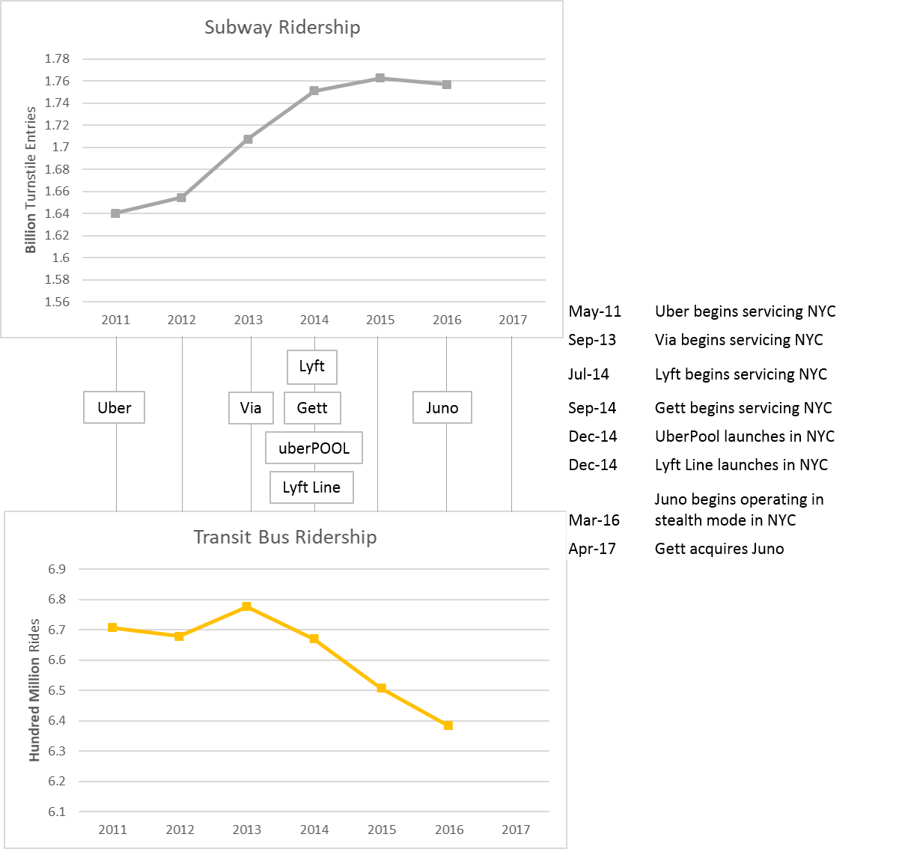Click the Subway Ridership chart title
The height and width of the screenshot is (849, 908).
[x=282, y=28]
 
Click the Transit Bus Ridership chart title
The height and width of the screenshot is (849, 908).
[x=284, y=538]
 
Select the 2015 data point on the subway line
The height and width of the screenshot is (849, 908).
[x=380, y=78]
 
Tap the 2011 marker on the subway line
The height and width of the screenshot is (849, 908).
[x=115, y=213]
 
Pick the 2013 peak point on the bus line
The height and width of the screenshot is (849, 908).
[x=246, y=606]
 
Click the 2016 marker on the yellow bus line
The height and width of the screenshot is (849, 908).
[x=448, y=725]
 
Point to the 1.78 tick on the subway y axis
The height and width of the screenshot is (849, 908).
[x=57, y=59]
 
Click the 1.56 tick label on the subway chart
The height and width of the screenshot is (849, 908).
[x=57, y=302]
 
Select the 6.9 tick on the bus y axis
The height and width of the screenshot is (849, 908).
[x=57, y=570]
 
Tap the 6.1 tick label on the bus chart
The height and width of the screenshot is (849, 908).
[x=57, y=812]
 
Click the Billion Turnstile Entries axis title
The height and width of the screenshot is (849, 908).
[x=31, y=180]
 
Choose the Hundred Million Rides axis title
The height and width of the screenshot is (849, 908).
[x=34, y=690]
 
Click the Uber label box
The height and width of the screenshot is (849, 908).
[x=114, y=408]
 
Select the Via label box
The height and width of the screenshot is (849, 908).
[x=251, y=408]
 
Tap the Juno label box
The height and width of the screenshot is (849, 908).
[x=442, y=408]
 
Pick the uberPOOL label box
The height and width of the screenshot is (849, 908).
[x=314, y=448]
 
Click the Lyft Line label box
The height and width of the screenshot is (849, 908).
[x=311, y=487]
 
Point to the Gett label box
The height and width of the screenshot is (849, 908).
[x=312, y=408]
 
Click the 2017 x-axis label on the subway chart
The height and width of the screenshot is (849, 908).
[x=513, y=320]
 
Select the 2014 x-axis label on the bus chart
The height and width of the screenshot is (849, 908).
[x=314, y=830]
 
